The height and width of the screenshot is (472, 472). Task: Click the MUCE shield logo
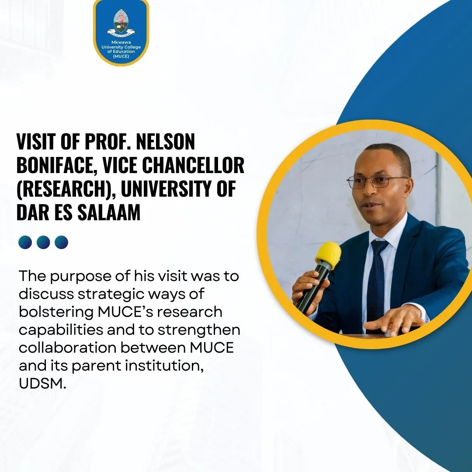(x=121, y=33)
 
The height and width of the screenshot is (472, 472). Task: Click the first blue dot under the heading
(x=25, y=242)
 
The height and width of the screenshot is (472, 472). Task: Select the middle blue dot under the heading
(x=43, y=242)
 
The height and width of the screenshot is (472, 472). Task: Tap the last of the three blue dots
(x=62, y=242)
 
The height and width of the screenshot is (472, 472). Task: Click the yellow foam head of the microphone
(x=328, y=256)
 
